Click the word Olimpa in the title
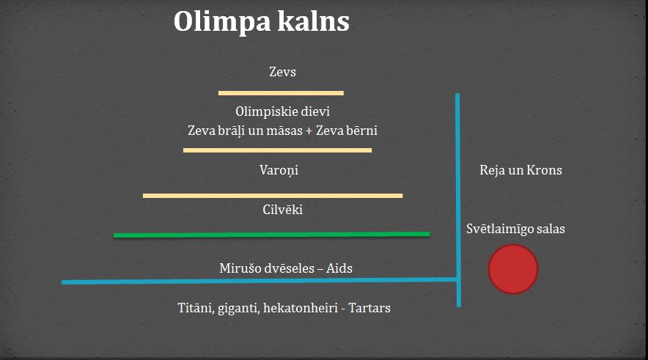click(x=221, y=22)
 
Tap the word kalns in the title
click(x=314, y=21)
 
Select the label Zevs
click(x=283, y=72)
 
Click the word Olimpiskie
click(x=262, y=112)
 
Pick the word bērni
click(x=361, y=131)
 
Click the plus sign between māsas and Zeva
click(x=309, y=131)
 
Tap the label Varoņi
click(x=279, y=170)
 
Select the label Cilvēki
click(x=283, y=210)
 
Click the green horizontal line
click(x=272, y=235)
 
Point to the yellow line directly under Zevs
click(x=281, y=93)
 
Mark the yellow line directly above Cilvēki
click(x=273, y=196)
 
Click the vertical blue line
click(x=458, y=200)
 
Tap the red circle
click(x=513, y=269)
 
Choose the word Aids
click(x=339, y=268)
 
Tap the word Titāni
click(x=196, y=309)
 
